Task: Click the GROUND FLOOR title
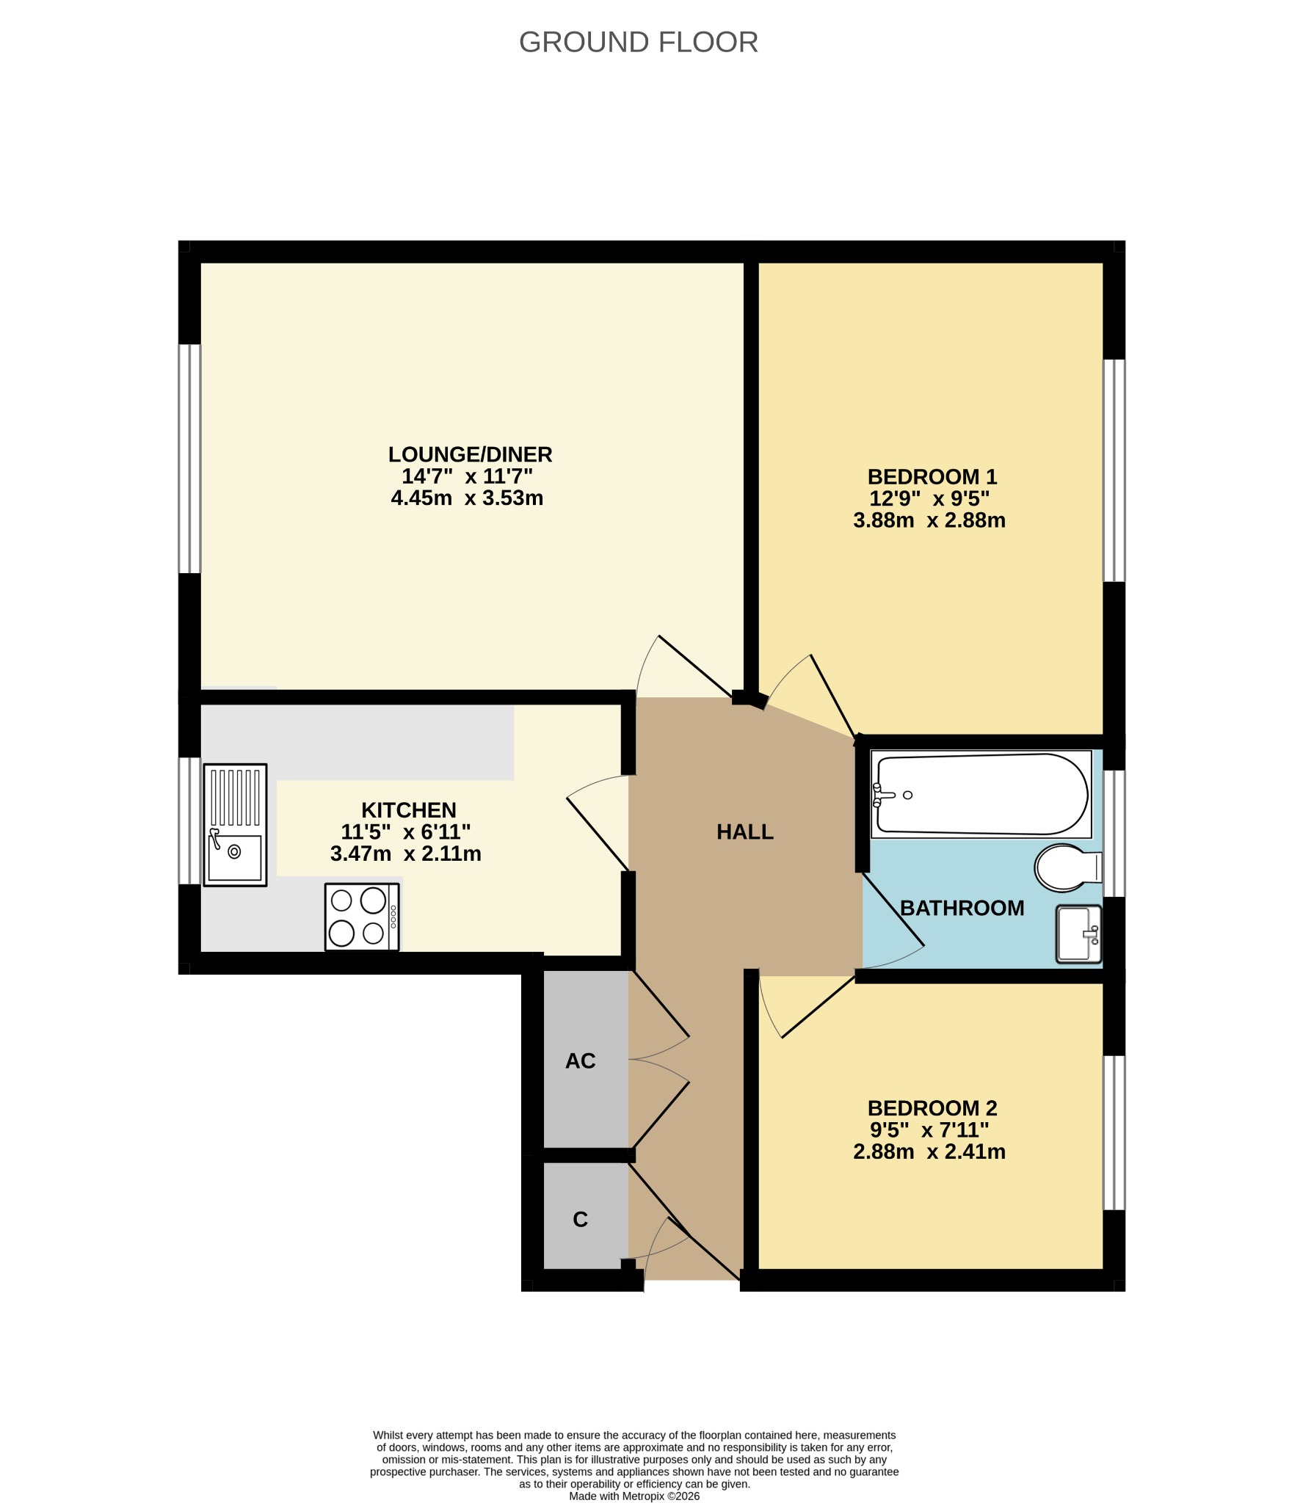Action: tap(638, 43)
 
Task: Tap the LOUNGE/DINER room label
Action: tap(470, 455)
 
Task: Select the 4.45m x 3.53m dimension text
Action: tap(467, 498)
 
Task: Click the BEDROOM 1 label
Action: tap(932, 477)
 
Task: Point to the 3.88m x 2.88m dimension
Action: tap(929, 520)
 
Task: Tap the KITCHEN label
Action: tap(409, 810)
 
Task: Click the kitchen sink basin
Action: tap(235, 857)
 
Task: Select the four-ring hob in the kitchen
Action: tap(363, 917)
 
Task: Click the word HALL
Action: tap(745, 832)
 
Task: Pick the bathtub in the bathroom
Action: tap(981, 794)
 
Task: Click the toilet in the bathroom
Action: tap(1068, 867)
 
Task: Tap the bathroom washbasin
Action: tap(1079, 934)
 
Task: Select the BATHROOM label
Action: tap(962, 909)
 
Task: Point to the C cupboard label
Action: tap(580, 1219)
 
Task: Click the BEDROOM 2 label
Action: tap(932, 1108)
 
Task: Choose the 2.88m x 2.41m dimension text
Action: tap(929, 1151)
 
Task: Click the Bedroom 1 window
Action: tap(1114, 470)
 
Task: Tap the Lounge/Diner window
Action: tap(189, 459)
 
